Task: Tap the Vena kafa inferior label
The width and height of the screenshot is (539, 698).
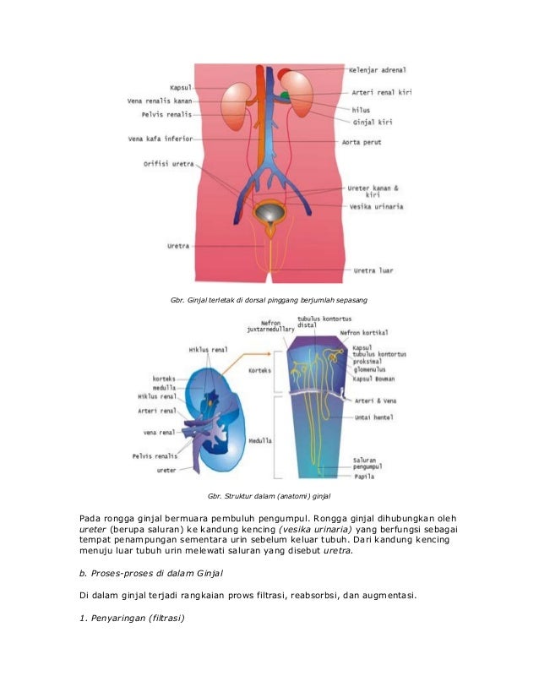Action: click(161, 139)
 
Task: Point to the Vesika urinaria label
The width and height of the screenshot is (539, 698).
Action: click(376, 205)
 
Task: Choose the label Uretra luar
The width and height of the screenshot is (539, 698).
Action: click(372, 270)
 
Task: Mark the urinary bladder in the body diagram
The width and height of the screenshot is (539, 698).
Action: click(271, 210)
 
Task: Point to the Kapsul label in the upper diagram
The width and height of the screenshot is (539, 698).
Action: click(182, 86)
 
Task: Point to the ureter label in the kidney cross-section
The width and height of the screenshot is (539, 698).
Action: click(166, 471)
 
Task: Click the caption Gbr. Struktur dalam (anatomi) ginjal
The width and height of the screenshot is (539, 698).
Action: click(269, 495)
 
